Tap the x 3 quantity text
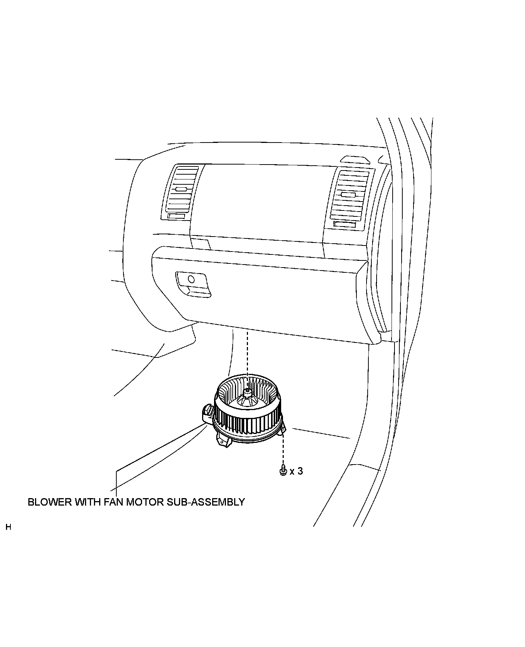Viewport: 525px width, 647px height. [x=296, y=471]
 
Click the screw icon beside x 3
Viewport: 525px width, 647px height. [x=283, y=471]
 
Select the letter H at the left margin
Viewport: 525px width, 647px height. [x=9, y=527]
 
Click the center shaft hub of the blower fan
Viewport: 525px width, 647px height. [x=247, y=391]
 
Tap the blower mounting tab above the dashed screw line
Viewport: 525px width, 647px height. [x=283, y=429]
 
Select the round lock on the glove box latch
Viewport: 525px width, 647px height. [x=191, y=279]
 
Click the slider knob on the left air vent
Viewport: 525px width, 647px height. [x=181, y=189]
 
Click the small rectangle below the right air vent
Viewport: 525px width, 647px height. [x=345, y=224]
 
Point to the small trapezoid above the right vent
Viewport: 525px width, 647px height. [x=355, y=160]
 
